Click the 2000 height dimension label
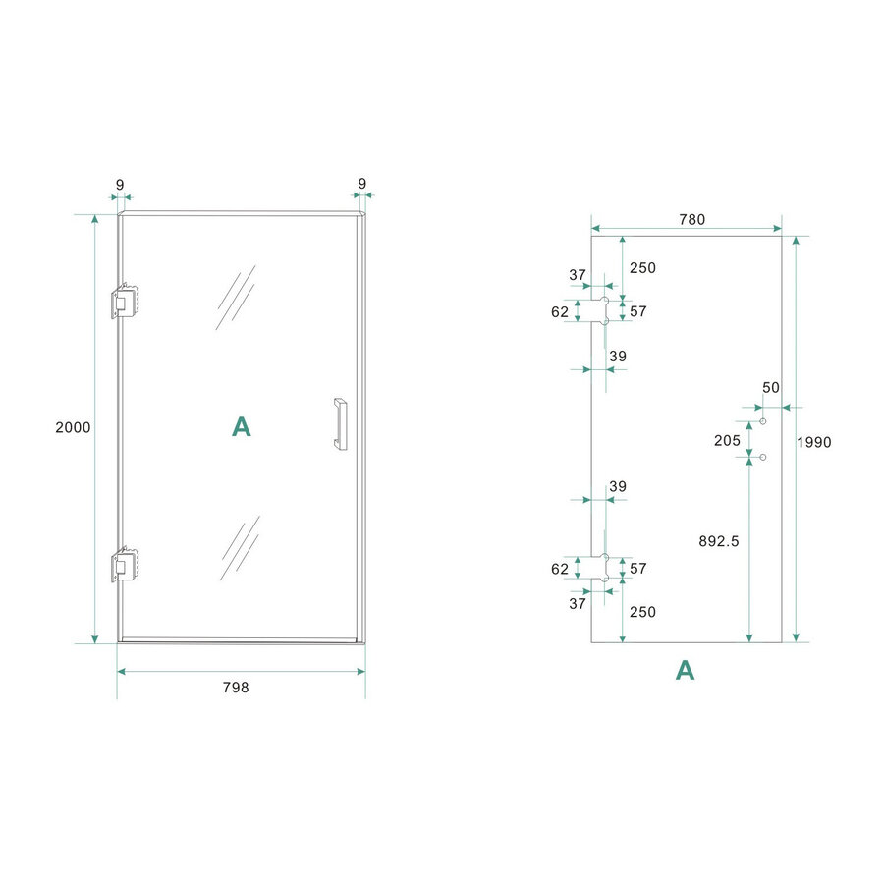(x=75, y=427)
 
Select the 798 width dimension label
(x=236, y=688)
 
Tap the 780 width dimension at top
(x=691, y=219)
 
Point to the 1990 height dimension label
(x=813, y=442)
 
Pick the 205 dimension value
(x=727, y=440)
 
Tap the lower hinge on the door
(x=127, y=565)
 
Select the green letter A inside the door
(x=241, y=426)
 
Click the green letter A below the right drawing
(x=685, y=670)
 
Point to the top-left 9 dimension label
(x=120, y=184)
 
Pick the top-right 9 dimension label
(x=362, y=184)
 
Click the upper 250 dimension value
(x=642, y=267)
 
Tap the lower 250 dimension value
(x=642, y=611)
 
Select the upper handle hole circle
(x=762, y=421)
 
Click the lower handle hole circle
(x=762, y=457)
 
